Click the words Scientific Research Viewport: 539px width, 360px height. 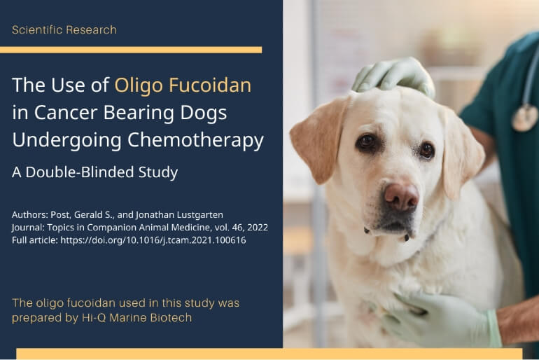pyautogui.click(x=64, y=30)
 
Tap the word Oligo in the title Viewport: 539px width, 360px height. pyautogui.click(x=138, y=86)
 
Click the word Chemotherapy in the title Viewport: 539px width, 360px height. pyautogui.click(x=195, y=141)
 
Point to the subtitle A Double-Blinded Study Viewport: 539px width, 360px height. pyautogui.click(x=95, y=172)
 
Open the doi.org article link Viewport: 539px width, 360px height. pyautogui.click(x=153, y=240)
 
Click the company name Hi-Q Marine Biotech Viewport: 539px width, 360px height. pyautogui.click(x=136, y=318)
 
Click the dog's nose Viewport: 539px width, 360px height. pyautogui.click(x=401, y=196)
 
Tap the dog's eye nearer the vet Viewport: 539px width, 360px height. pyautogui.click(x=426, y=150)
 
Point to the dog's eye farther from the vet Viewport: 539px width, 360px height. pyautogui.click(x=366, y=141)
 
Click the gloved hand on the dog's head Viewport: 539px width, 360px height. pyautogui.click(x=393, y=77)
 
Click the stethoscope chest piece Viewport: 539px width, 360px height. pyautogui.click(x=524, y=118)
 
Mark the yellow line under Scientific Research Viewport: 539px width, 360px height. pyautogui.click(x=131, y=50)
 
